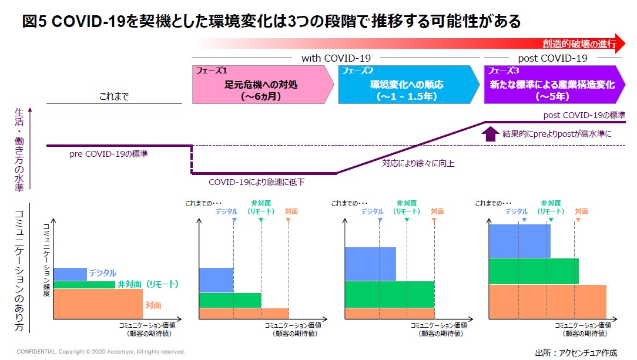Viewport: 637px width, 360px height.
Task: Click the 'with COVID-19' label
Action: (x=336, y=58)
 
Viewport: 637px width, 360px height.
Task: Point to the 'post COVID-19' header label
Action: (x=552, y=58)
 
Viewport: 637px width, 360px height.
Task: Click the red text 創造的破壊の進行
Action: (x=579, y=43)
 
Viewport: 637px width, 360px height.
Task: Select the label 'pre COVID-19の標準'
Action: (x=109, y=154)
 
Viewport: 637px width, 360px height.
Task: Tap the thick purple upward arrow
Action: (x=490, y=134)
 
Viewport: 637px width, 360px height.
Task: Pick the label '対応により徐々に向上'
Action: (x=418, y=163)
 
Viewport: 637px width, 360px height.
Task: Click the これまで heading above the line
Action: (x=114, y=96)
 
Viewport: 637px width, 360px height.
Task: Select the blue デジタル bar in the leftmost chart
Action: (x=69, y=274)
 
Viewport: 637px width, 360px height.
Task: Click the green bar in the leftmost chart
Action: (x=83, y=285)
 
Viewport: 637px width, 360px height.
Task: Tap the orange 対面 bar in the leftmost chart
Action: (x=97, y=303)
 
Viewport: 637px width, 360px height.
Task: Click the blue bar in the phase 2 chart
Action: (x=370, y=264)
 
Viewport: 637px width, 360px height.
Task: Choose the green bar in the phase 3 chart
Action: (x=533, y=271)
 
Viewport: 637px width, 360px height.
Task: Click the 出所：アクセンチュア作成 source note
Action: (x=576, y=352)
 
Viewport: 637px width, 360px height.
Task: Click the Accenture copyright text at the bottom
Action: (x=100, y=352)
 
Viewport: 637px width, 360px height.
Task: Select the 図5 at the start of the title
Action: (x=31, y=22)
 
